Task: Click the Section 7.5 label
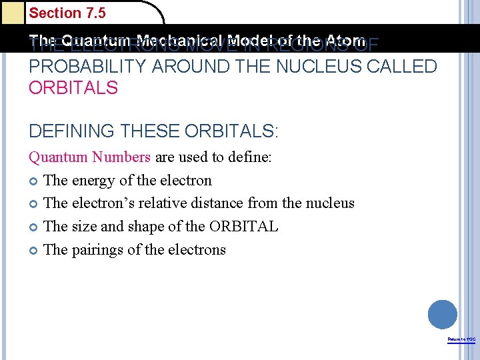pyautogui.click(x=67, y=13)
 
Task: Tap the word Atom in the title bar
pyautogui.click(x=345, y=40)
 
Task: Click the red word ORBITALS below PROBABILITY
pyautogui.click(x=73, y=88)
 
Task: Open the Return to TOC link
pyautogui.click(x=461, y=340)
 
